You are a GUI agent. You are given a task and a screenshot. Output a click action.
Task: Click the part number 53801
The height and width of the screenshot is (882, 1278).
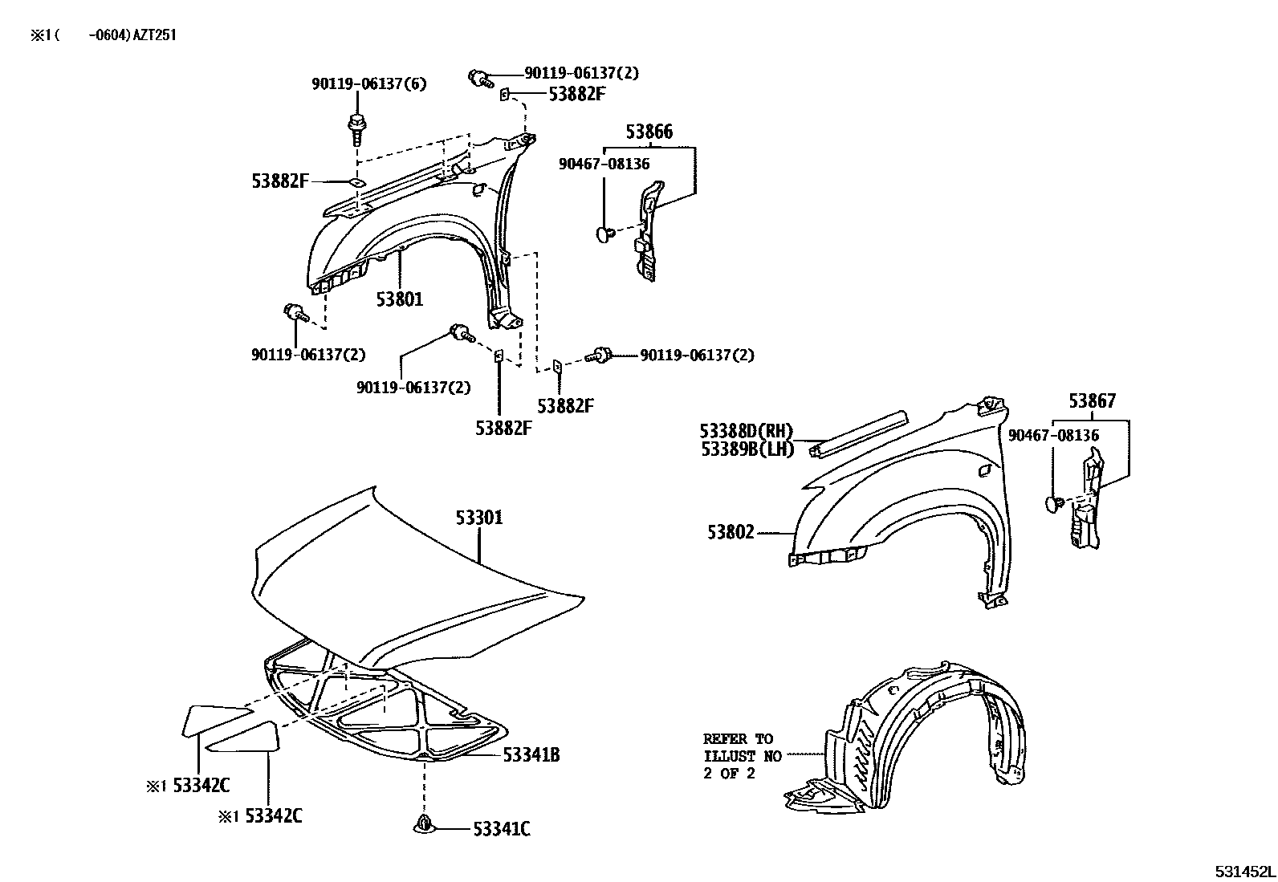400,299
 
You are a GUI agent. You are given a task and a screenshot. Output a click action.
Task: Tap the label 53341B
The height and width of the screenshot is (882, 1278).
531,754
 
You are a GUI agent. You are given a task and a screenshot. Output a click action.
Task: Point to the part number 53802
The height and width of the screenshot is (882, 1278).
731,531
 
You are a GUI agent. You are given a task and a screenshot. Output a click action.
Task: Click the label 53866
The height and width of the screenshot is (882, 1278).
649,132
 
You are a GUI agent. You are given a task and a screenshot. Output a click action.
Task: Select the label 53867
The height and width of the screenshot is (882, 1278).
1092,401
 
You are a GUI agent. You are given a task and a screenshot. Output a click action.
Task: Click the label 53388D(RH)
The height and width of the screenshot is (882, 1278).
746,432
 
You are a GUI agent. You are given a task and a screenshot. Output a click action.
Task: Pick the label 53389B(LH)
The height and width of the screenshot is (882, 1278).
747,449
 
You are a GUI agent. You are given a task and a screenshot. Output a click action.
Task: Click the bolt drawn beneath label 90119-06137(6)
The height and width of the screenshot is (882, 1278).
356,128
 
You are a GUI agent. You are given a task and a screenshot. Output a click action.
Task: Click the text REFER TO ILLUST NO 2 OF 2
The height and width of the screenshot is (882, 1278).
738,755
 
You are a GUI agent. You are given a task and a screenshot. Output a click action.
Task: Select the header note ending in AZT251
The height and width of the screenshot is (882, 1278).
104,36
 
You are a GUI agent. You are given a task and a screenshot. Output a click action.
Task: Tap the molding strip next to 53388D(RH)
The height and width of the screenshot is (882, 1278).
859,433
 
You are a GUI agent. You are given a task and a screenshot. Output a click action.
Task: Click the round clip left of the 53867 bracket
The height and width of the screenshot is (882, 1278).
1054,503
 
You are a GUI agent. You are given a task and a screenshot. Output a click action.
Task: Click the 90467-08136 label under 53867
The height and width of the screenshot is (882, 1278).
1053,436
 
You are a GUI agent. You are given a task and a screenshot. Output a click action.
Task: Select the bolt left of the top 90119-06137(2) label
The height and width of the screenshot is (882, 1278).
479,78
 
